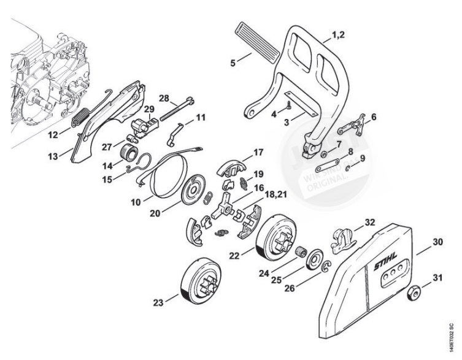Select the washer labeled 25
315,258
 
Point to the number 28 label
164,98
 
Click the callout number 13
53,157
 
